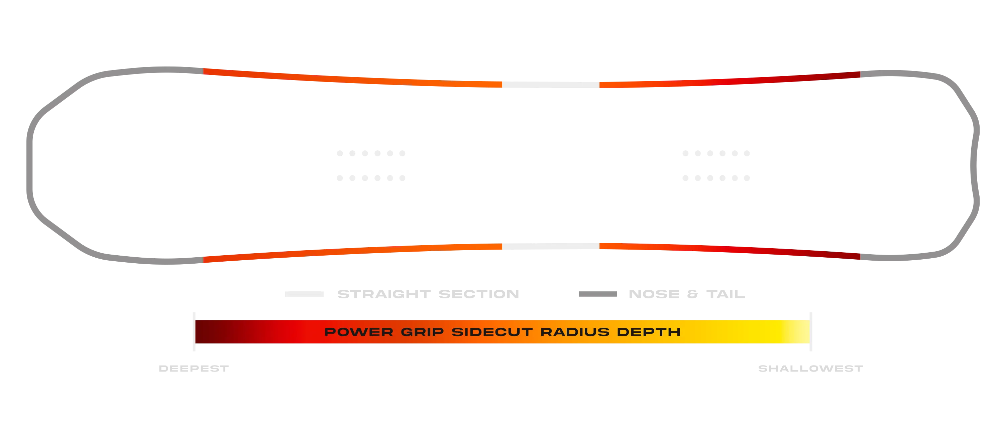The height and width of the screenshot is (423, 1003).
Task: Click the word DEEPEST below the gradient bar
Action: point(194,368)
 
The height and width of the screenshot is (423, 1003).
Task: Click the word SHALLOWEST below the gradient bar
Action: point(811,368)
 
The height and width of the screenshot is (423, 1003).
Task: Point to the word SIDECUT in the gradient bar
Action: point(492,332)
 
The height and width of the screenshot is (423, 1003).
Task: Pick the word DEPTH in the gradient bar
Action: point(649,332)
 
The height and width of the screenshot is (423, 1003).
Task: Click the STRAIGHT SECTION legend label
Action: point(428,294)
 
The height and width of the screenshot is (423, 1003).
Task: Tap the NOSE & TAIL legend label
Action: point(687,294)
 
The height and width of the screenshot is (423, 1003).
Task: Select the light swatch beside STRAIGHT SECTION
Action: point(304,294)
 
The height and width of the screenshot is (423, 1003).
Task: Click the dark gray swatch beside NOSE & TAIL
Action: point(598,294)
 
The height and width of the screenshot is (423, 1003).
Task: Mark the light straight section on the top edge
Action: point(551,85)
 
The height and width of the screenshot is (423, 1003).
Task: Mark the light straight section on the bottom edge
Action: point(551,246)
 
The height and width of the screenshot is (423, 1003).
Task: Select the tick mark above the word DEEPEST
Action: point(194,331)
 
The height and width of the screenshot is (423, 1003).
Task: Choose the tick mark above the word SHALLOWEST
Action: point(811,331)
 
